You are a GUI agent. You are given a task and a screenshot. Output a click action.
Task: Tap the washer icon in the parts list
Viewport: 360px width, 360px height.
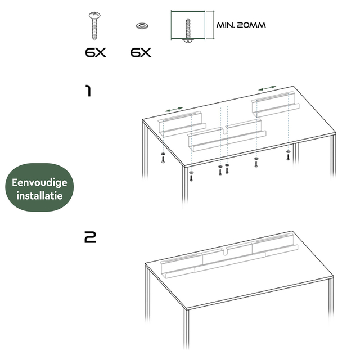[x=140, y=25]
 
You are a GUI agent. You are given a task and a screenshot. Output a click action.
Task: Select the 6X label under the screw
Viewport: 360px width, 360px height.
[x=95, y=53]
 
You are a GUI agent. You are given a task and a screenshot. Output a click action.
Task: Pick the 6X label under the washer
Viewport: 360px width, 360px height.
[x=141, y=53]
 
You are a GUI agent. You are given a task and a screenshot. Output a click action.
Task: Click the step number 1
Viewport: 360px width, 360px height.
[x=88, y=91]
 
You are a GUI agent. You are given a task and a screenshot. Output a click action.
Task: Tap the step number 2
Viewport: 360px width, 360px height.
[x=89, y=237]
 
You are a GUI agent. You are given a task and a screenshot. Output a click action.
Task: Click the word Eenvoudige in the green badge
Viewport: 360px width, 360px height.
[x=40, y=183]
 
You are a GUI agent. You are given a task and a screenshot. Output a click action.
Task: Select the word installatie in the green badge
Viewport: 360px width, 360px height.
[x=40, y=197]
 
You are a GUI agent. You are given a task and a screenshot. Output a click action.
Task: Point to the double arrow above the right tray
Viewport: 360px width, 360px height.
[x=267, y=88]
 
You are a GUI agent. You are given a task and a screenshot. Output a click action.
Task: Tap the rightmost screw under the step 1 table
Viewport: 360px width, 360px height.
[x=289, y=155]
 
